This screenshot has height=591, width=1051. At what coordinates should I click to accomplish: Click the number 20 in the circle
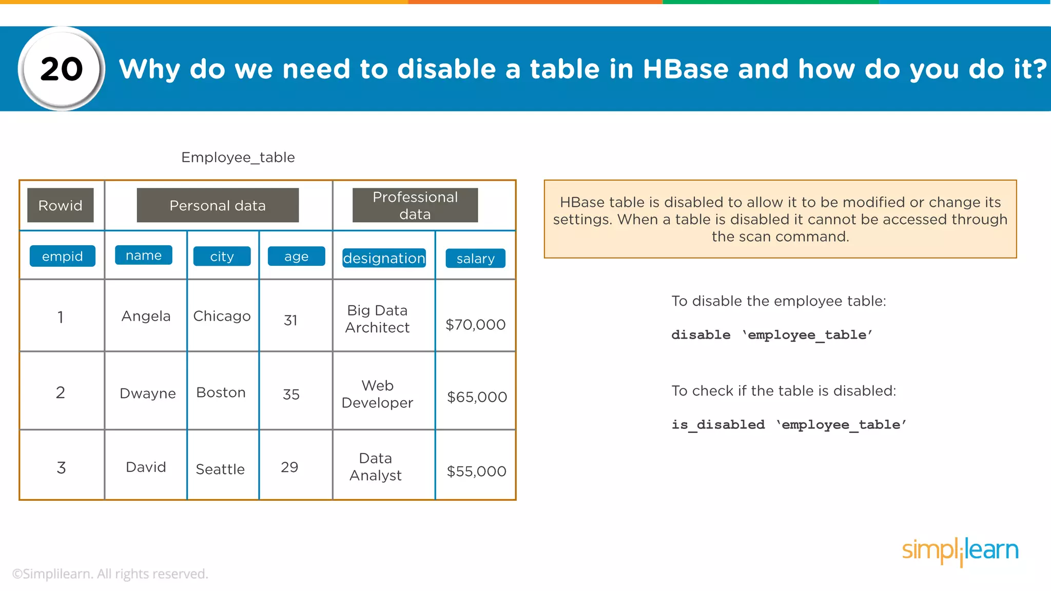coord(62,69)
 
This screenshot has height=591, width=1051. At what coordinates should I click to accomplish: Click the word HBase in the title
coord(685,69)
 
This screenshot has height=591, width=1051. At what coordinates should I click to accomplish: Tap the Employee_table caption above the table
coord(238,157)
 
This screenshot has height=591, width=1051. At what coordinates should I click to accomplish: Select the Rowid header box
coord(61,205)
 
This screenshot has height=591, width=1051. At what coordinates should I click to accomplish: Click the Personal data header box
coord(218,205)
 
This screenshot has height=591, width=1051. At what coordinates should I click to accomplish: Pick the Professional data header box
coord(415,205)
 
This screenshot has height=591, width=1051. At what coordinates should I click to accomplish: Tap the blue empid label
coord(62,256)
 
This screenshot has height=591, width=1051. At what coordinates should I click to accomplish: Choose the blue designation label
coord(384,258)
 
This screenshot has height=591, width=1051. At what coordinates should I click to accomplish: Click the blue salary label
coord(475,259)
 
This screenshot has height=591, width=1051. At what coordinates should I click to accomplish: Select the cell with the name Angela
coord(146,316)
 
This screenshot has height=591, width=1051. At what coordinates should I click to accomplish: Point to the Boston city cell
coord(221,392)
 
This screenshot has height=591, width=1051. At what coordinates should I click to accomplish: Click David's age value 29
coord(289,467)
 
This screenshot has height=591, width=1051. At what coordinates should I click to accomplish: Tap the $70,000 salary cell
coord(475,324)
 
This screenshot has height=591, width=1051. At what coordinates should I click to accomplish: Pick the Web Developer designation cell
coord(378,394)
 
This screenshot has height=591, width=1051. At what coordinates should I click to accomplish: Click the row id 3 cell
coord(61,467)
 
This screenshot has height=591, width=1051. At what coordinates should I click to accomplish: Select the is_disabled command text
coord(718,425)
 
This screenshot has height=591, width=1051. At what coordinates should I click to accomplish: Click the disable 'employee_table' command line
coord(772,335)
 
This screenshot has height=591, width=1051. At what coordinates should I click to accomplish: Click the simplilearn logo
coord(960,550)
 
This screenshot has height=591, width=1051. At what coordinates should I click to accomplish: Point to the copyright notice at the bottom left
coord(110,574)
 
